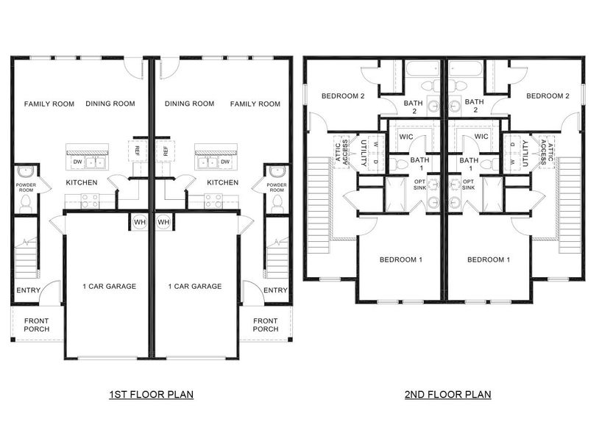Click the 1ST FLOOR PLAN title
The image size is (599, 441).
click(151, 395)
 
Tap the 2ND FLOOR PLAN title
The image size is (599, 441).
click(447, 395)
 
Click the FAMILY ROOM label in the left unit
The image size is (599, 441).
click(49, 104)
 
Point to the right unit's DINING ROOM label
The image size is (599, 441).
click(190, 104)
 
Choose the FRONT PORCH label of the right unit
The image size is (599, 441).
click(266, 325)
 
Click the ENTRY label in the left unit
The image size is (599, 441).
click(28, 290)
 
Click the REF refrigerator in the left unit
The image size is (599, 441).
click(137, 151)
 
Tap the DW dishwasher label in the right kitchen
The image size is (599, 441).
click(225, 162)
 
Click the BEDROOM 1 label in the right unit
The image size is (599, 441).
click(488, 259)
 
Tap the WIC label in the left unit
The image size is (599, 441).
click(405, 137)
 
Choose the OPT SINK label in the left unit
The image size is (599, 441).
click(419, 184)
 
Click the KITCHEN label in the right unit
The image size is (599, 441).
click(222, 182)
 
